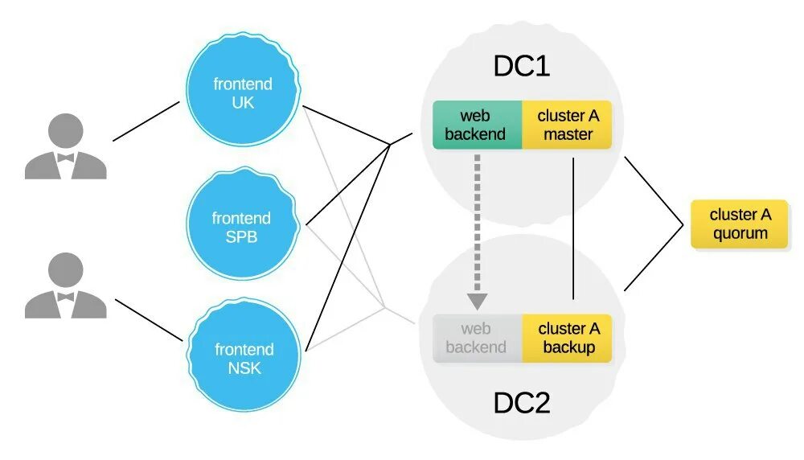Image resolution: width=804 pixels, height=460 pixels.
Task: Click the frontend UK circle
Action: tap(242, 92)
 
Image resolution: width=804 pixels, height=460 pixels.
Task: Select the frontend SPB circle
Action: tap(242, 227)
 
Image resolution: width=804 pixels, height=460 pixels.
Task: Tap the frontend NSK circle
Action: tap(244, 359)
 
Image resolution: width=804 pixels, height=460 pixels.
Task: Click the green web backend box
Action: tap(477, 125)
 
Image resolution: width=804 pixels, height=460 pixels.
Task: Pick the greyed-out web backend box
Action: tap(477, 338)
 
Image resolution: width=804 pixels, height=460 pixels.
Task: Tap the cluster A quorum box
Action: tap(740, 224)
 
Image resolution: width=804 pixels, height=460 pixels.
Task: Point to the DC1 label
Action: tap(521, 67)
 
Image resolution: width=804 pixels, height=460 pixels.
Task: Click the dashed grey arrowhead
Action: tap(478, 301)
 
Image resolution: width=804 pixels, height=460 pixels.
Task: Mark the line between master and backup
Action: tap(572, 229)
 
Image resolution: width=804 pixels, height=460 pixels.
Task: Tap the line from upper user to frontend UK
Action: tap(146, 121)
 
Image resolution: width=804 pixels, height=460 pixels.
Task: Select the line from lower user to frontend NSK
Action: tap(150, 319)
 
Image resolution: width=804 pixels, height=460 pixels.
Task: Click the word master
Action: tap(568, 134)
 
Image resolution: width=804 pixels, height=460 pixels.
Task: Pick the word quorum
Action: tap(740, 234)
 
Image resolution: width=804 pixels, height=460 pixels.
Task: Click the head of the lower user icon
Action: tap(66, 269)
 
